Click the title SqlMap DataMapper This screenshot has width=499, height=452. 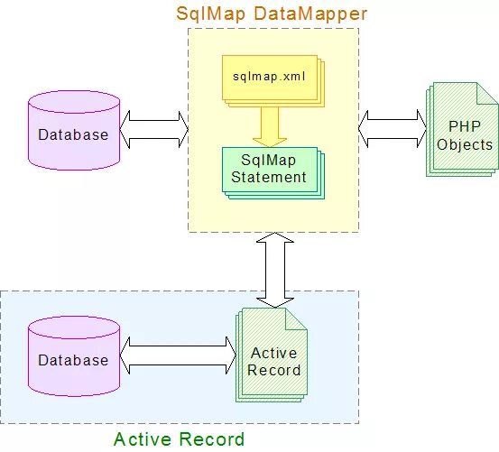(x=272, y=14)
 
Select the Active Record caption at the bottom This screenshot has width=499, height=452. (x=179, y=439)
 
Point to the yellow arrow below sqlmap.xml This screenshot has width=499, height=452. (x=269, y=125)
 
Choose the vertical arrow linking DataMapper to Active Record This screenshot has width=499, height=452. (x=275, y=269)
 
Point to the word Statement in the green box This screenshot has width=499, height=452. (x=268, y=177)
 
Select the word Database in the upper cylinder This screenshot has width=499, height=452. (x=73, y=134)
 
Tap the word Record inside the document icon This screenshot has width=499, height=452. (x=274, y=369)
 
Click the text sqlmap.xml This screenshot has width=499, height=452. (x=268, y=77)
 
